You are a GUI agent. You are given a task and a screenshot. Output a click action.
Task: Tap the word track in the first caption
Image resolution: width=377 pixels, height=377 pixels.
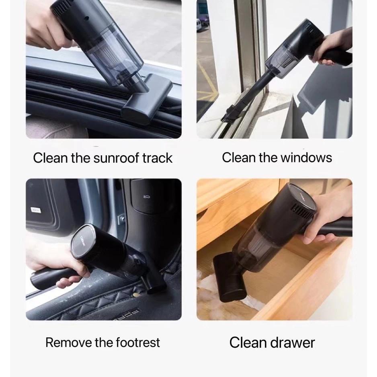[157, 158]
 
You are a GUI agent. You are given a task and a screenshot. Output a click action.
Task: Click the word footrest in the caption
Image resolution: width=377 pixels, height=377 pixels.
[137, 342]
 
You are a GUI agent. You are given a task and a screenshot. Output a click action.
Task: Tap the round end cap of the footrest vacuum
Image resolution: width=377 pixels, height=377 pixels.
[83, 241]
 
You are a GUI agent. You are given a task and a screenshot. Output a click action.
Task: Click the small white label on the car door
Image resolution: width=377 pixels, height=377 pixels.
[36, 209]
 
